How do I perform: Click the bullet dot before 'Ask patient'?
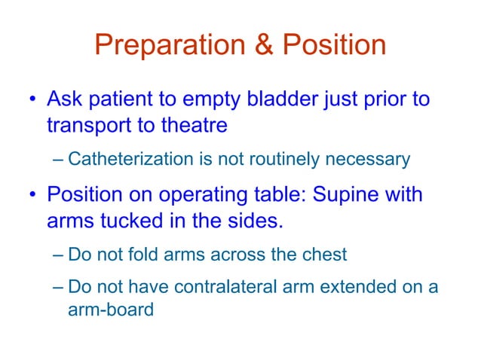click(32, 100)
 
